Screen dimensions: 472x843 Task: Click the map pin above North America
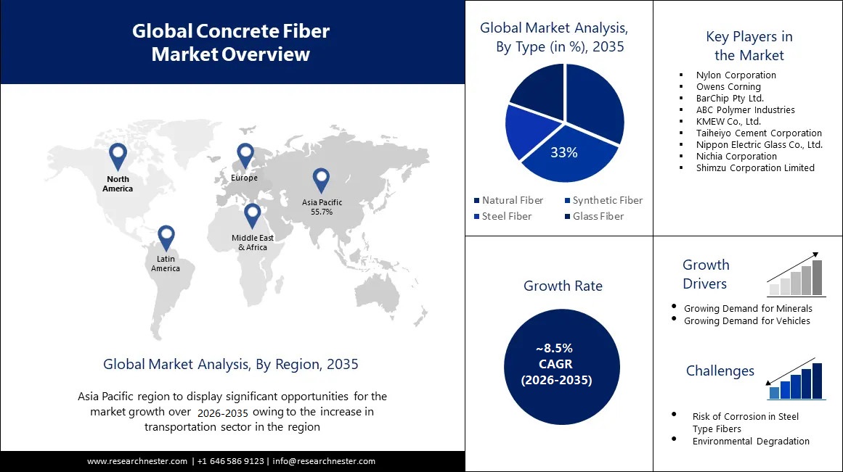point(118,156)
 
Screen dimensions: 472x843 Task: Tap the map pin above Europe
point(245,154)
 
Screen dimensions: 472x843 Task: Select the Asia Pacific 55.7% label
point(322,207)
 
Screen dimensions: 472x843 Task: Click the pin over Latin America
point(166,237)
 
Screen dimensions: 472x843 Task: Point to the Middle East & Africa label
point(249,242)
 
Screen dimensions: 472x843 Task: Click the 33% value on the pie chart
point(563,152)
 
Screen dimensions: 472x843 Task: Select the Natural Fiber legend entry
point(508,200)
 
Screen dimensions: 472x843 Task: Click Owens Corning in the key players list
point(728,86)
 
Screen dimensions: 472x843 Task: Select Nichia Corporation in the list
point(736,156)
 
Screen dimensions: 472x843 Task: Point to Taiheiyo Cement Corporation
point(759,133)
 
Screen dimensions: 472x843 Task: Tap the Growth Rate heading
point(563,286)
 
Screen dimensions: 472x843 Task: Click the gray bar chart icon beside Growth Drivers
point(797,277)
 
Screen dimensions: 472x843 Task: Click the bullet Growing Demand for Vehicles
point(746,320)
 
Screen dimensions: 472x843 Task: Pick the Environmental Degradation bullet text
point(750,441)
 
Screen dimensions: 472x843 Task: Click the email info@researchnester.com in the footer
point(324,461)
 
